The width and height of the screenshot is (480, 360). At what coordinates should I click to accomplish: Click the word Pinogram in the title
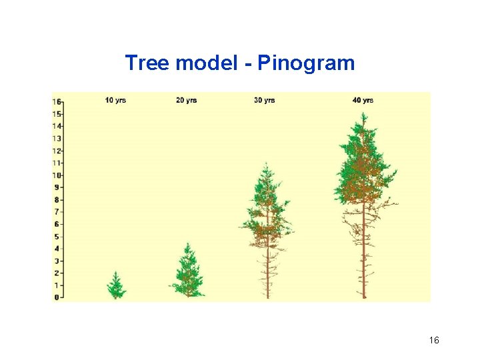coord(306,64)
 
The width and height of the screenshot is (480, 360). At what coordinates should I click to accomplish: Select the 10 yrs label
coord(115,101)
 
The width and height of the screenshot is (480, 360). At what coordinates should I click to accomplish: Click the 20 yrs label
coord(187,101)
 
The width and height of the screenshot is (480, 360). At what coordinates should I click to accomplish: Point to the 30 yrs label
coord(264,101)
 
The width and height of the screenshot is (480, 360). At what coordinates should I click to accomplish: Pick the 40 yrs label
coord(363,101)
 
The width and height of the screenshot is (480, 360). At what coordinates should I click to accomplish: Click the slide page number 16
coord(434,341)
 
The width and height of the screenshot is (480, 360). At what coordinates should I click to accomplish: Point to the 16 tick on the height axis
coord(57,102)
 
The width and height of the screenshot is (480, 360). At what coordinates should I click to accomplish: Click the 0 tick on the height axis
coord(57,297)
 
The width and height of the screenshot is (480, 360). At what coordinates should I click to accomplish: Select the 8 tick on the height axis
coord(57,199)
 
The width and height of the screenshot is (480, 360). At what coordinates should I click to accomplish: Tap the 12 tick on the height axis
coord(57,151)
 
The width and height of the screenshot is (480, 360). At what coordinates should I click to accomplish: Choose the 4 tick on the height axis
coord(57,248)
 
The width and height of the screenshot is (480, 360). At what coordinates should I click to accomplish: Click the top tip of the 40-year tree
coord(363,114)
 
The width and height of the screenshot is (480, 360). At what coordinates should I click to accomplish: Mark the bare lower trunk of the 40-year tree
coord(363,267)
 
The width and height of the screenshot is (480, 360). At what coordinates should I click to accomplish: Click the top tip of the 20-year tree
coord(188,244)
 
